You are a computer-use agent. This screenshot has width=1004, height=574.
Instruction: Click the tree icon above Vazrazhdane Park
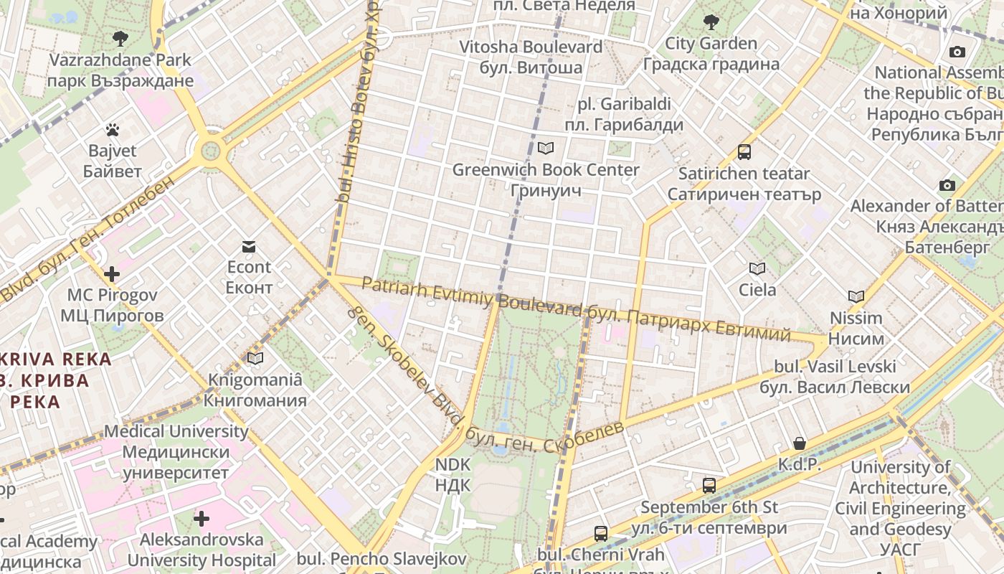(x=120, y=38)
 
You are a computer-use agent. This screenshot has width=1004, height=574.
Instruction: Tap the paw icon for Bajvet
(x=112, y=130)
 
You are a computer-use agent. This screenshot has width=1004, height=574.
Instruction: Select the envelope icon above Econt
(x=248, y=247)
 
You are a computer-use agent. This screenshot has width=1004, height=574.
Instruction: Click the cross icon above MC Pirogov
(x=112, y=274)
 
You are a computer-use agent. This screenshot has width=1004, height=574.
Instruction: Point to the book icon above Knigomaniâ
(x=255, y=358)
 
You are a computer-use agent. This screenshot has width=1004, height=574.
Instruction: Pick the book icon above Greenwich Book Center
(x=546, y=149)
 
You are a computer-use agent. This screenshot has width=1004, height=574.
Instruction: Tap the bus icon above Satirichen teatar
(x=744, y=152)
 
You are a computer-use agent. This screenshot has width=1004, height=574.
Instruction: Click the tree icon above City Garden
(x=711, y=22)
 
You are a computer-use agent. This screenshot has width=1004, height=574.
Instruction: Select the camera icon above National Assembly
(x=957, y=52)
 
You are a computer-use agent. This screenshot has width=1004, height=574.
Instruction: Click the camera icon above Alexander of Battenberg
(x=947, y=185)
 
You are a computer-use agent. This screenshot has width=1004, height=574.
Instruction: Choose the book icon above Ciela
(x=757, y=268)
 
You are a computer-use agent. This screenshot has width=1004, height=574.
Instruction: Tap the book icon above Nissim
(x=856, y=296)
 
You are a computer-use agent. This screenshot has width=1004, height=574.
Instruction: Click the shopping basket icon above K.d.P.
(x=799, y=443)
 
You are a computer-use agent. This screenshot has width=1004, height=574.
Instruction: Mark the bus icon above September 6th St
(x=709, y=486)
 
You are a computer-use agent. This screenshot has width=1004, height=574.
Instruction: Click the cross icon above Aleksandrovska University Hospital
(x=202, y=518)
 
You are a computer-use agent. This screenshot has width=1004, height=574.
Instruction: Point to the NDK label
(x=453, y=474)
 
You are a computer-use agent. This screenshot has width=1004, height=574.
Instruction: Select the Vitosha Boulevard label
(x=531, y=57)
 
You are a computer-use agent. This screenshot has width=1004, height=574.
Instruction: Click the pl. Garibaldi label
(x=624, y=114)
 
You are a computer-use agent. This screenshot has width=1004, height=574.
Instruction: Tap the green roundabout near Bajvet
(x=210, y=151)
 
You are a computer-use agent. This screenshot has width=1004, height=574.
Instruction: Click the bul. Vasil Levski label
(x=835, y=377)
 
